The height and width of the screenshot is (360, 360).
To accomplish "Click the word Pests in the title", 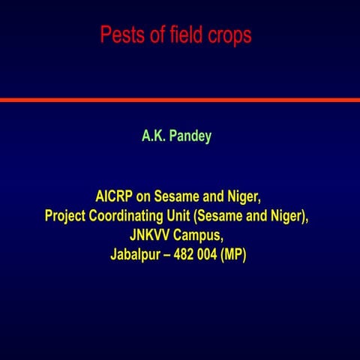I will click(121, 35).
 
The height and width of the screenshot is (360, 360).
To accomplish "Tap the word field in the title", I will click(183, 35).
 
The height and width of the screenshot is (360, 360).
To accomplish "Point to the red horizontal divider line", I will click(180, 100).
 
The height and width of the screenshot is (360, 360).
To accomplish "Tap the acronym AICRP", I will click(113, 196).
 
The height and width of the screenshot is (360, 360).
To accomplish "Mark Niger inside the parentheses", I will click(289, 216).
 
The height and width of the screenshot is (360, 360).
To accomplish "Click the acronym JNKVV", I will click(150, 235).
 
